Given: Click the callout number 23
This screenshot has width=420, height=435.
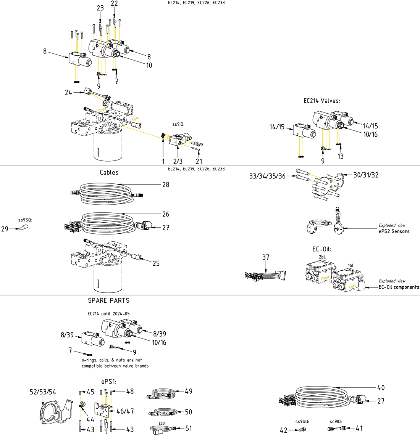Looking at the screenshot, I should coord(100,8).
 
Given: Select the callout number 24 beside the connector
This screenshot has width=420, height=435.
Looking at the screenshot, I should coord(68,93).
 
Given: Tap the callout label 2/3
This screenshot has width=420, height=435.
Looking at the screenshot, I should coord(178,161).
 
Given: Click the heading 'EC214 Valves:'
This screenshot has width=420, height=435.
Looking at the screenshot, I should coord(321,101).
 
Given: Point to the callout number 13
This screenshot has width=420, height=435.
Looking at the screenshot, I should coord(341,156).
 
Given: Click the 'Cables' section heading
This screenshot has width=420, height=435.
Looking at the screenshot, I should coord(109,172).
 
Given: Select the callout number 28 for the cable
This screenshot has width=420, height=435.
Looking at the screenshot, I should coord(166,185).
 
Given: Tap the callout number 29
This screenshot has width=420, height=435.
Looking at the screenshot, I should coord(5,229).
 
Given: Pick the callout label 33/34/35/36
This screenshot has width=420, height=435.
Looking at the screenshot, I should coord(267,176).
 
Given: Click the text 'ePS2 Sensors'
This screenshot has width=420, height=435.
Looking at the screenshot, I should coord(394,231).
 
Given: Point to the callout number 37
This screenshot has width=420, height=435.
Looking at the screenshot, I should coord(266,258).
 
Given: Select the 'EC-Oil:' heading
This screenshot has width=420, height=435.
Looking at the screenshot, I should coord(321,249).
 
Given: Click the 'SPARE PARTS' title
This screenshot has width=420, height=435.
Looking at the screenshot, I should coord(109,300).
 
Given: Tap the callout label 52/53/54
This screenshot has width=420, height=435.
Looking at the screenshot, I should coord(43,392).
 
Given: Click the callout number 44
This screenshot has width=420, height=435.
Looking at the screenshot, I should coord(90,420).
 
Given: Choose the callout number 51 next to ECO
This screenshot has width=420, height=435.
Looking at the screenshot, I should coord(189,429).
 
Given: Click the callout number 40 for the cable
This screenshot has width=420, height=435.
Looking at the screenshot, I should coord(381,388).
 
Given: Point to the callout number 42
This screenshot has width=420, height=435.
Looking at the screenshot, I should coord(283,430).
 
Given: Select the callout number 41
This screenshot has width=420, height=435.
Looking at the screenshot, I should coord(359,429).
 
